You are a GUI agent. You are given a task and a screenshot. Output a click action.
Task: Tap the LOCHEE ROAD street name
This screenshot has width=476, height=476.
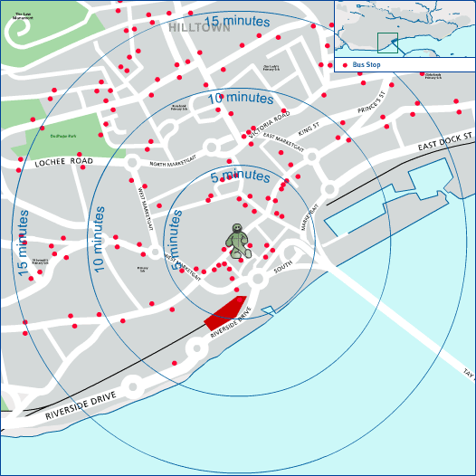click(64, 162)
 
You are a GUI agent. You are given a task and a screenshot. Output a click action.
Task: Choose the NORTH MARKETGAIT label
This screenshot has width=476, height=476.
click(173, 164)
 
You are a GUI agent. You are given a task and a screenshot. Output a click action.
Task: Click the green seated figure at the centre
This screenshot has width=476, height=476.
click(238, 242)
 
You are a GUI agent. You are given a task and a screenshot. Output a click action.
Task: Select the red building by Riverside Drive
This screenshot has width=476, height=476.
click(225, 310)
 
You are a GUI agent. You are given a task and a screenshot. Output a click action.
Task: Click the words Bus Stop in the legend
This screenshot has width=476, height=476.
click(367, 65)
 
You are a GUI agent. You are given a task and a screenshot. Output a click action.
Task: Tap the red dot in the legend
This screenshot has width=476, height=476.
click(346, 65)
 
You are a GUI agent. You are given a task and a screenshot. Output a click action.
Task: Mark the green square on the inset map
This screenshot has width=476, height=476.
click(386, 43)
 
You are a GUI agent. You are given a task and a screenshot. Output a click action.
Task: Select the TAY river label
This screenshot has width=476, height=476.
click(468, 373)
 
